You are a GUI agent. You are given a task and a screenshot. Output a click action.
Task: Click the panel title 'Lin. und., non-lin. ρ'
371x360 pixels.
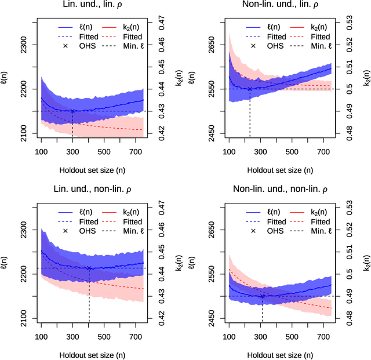(x=92, y=190)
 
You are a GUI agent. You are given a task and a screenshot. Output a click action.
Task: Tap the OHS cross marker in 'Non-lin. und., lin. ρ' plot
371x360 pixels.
(x=250, y=89)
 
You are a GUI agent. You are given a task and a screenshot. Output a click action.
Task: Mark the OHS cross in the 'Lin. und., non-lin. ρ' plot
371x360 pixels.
(x=89, y=268)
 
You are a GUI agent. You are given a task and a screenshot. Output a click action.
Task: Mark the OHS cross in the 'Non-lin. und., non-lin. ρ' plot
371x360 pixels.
(x=262, y=296)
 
